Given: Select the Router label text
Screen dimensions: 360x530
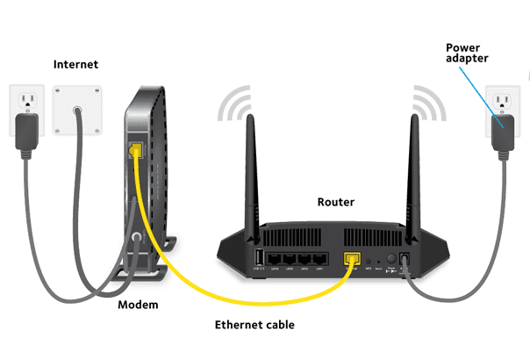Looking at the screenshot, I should (335, 202).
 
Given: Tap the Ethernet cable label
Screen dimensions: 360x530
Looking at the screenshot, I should (254, 325).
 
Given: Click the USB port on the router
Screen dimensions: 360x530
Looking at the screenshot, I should (260, 257).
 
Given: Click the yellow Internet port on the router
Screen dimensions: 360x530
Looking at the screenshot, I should (354, 258).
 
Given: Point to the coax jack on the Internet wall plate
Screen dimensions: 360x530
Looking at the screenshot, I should (78, 112).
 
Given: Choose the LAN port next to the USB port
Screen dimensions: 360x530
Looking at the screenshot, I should (280, 258).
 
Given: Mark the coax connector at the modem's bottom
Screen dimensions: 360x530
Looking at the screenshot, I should (136, 238).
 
